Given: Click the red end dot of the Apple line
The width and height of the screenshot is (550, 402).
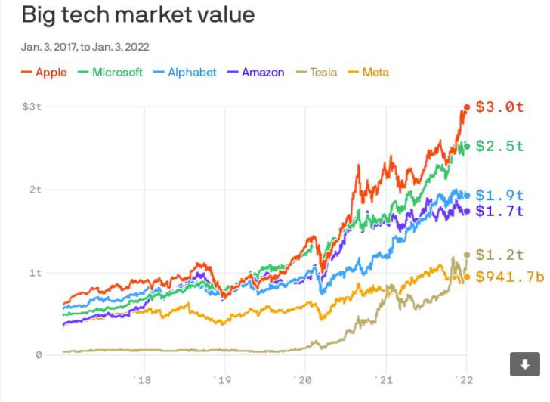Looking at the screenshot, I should [x=467, y=107].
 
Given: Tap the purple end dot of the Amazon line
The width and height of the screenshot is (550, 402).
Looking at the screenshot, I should [x=467, y=211].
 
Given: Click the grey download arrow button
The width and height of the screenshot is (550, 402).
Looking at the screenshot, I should [x=525, y=364].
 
